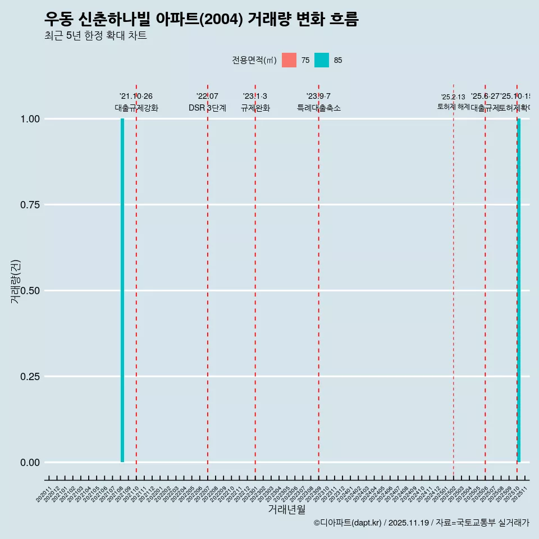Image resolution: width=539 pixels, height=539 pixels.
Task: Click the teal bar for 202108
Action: (122, 290)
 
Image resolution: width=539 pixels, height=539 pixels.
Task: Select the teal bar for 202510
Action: (519, 290)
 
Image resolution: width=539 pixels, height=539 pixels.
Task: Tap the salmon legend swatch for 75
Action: (289, 60)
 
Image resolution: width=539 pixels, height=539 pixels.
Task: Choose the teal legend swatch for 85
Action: (322, 60)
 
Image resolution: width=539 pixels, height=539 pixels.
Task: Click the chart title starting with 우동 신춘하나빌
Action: (201, 20)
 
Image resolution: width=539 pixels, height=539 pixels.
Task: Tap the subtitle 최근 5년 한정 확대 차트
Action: (95, 36)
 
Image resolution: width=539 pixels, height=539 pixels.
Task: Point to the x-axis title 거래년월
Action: (286, 509)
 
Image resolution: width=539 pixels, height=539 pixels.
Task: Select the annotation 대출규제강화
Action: (136, 108)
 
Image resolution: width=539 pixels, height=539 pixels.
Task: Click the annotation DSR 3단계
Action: (207, 108)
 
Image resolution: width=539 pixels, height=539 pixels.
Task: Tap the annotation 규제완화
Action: (255, 108)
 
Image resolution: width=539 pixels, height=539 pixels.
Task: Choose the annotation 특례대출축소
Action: (319, 108)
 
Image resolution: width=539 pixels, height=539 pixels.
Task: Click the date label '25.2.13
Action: (453, 97)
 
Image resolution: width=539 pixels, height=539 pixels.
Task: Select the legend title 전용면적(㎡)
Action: (254, 60)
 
